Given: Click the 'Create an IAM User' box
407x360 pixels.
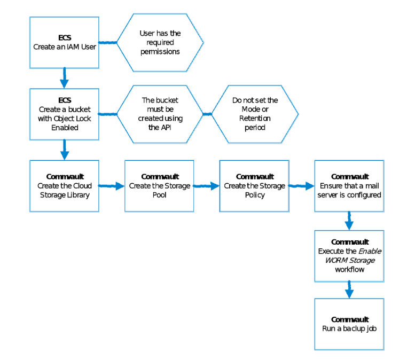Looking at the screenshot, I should tap(64, 42).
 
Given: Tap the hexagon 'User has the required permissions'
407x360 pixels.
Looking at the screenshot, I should tap(160, 43).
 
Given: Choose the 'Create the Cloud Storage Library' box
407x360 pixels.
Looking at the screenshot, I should tap(64, 186).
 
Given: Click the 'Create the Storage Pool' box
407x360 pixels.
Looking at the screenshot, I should tap(159, 186).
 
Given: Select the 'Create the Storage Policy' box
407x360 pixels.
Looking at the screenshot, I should tap(254, 186).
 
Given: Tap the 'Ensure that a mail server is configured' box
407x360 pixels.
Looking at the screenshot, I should tap(349, 186).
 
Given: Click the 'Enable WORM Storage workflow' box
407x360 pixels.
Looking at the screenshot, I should tap(349, 256).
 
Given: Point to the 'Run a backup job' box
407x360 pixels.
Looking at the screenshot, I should tap(349, 324).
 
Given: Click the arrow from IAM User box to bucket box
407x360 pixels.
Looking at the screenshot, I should tap(64, 78).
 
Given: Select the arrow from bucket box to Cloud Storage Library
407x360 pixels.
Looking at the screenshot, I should tap(64, 150).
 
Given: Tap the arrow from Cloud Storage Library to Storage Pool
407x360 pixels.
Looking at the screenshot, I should tap(112, 186).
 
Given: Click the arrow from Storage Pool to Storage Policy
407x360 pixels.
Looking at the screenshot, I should tap(207, 186).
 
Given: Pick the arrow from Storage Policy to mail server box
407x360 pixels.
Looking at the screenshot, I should tap(302, 186).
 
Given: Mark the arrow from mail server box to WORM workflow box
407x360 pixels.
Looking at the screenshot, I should tap(349, 221).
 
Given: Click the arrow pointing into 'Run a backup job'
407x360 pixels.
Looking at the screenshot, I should tap(349, 290).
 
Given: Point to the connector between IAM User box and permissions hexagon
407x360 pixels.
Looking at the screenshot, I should tap(108, 42).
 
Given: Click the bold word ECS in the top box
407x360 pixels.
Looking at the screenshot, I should tap(64, 38).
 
